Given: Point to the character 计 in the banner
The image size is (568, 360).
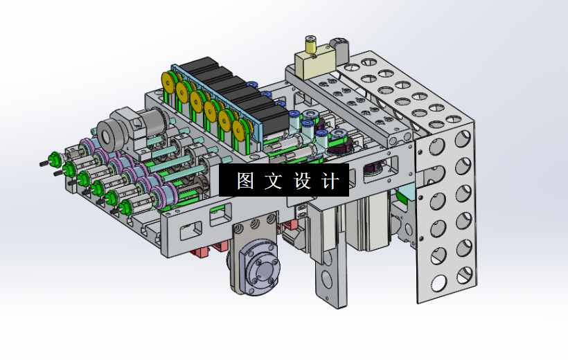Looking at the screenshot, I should coord(332,181).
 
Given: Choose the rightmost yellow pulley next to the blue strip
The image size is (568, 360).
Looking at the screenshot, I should coord(242,131).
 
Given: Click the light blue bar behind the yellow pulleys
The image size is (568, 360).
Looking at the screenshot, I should coord(215,104).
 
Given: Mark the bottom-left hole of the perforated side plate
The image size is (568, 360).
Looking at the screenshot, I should coord(438,282).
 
